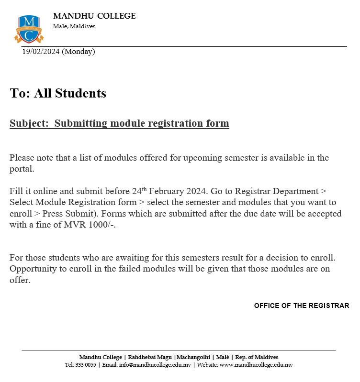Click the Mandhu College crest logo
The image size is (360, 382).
(29, 29)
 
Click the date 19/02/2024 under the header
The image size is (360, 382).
(41, 52)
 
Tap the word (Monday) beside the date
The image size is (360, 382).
(79, 52)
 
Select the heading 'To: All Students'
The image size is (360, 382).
(58, 93)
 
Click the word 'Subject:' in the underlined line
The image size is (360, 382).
(29, 123)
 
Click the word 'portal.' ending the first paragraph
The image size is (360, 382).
(22, 169)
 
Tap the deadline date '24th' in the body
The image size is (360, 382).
(139, 191)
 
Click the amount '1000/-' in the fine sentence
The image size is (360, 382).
(103, 225)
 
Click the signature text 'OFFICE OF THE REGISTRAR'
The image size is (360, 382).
(302, 306)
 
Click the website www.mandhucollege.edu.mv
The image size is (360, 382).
(256, 365)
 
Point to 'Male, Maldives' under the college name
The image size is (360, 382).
(74, 26)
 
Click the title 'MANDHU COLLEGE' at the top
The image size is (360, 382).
(94, 16)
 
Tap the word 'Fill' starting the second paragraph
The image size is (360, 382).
(16, 191)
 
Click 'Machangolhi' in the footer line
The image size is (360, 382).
(193, 357)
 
